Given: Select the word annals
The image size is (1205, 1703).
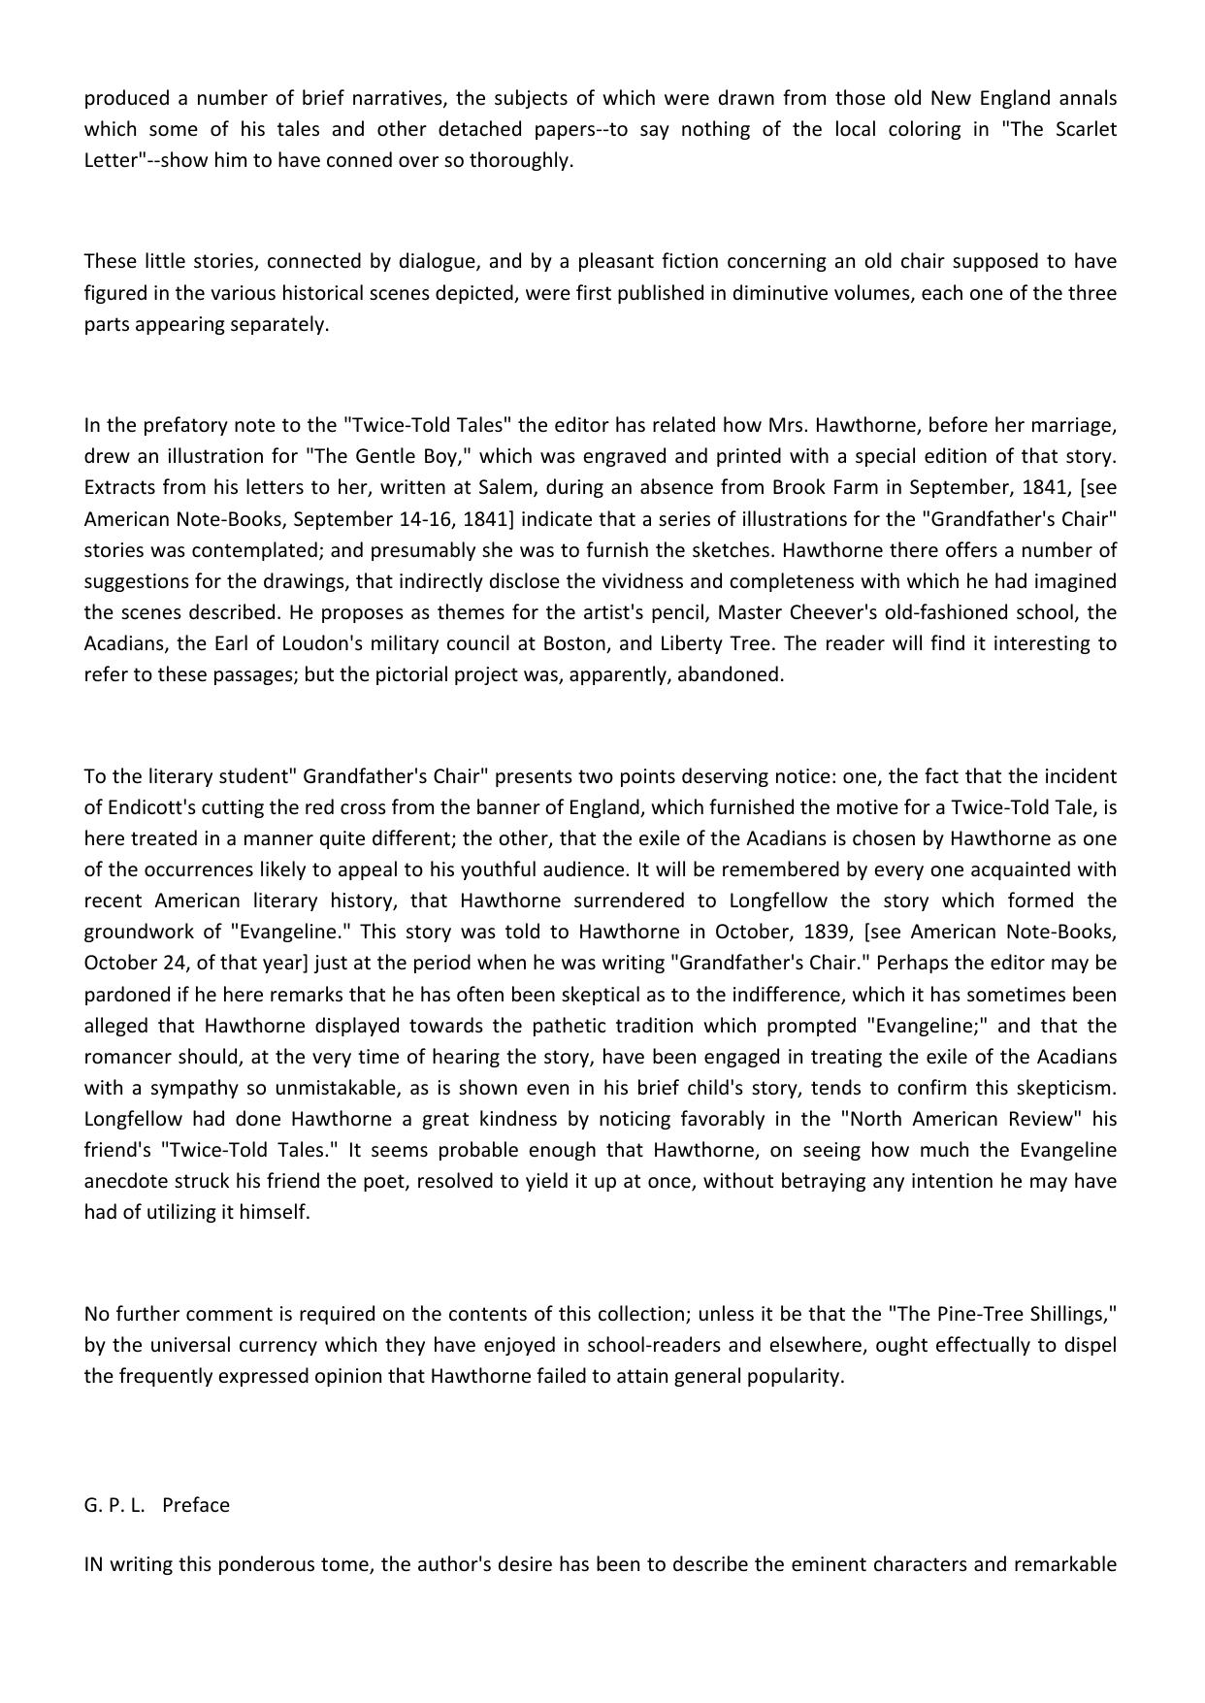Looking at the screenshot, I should tap(1088, 98).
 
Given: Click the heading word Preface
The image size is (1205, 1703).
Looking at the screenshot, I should tap(196, 1505).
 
